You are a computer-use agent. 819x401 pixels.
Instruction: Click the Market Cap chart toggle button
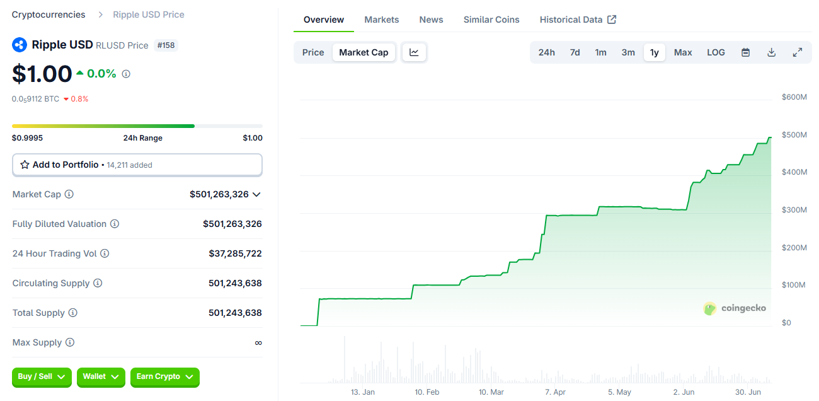coord(364,52)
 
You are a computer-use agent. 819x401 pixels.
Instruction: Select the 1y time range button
coord(654,52)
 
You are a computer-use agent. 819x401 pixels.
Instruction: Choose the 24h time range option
coord(546,52)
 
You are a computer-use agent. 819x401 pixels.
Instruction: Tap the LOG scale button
coord(716,52)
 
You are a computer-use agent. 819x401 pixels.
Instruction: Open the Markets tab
coord(381,20)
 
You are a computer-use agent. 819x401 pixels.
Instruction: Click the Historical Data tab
coord(577,20)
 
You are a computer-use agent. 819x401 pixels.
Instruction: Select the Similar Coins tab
coord(491,20)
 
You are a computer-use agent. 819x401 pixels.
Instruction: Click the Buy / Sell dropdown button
coord(42,376)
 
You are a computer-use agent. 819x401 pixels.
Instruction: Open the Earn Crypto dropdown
coord(164,376)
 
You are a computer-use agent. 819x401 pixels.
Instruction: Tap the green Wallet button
coord(101,376)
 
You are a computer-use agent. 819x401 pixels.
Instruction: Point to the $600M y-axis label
coord(794,97)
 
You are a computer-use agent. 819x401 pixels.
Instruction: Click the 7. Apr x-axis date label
coord(555,392)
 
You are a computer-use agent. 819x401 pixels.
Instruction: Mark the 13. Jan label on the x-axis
coord(362,392)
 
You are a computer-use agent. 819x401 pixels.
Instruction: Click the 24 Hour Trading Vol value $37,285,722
coord(235,253)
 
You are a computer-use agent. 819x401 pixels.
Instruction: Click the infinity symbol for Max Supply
coord(258,342)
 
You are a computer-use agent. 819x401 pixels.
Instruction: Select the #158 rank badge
coord(166,45)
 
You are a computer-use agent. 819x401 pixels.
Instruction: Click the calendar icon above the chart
coord(745,52)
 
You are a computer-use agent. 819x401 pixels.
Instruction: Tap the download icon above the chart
coord(771,52)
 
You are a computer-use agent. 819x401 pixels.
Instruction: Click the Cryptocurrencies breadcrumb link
coord(49,15)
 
